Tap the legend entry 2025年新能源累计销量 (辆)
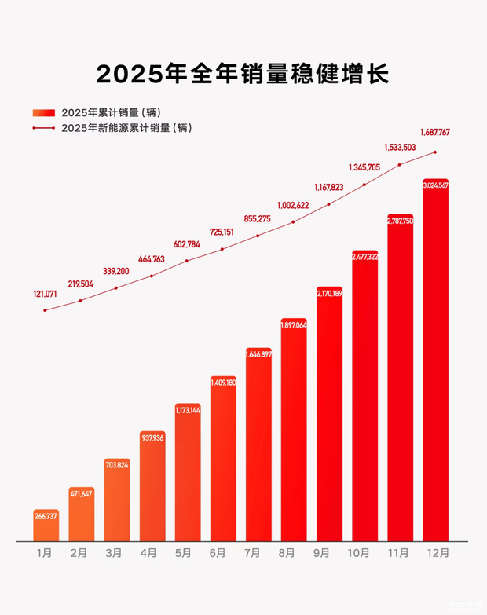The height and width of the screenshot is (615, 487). click(126, 127)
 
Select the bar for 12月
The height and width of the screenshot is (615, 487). click(435, 361)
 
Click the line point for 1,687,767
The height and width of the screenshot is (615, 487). click(435, 152)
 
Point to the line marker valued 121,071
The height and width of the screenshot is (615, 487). click(46, 310)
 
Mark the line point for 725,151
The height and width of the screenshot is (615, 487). click(222, 249)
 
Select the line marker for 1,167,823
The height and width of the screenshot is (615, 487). click(329, 204)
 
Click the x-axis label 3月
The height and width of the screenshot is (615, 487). click(114, 553)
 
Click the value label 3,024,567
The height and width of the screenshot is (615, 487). click(435, 185)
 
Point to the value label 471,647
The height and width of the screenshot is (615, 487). click(81, 494)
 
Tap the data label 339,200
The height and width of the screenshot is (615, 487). click(115, 271)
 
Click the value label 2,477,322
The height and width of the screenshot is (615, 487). click(364, 257)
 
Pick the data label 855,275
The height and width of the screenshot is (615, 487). click(258, 219)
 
